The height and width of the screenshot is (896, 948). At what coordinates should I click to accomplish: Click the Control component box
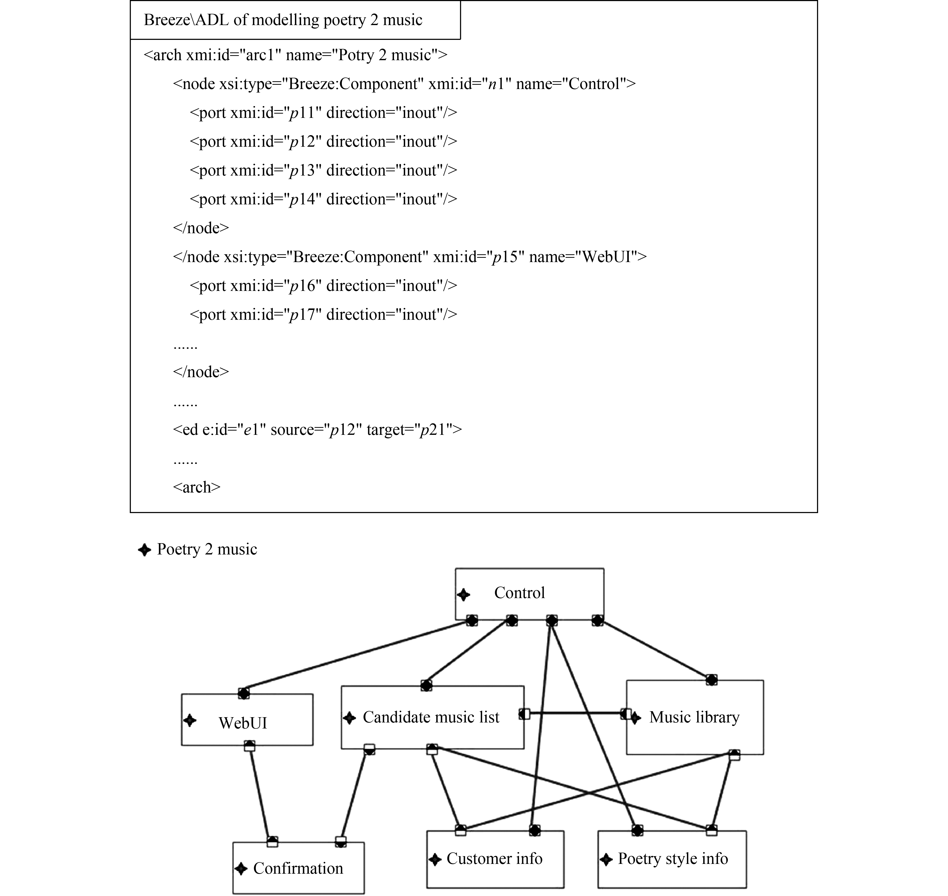point(529,594)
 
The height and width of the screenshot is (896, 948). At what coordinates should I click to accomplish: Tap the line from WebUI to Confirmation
point(260,793)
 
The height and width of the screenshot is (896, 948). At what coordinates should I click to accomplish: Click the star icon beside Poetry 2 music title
point(144,550)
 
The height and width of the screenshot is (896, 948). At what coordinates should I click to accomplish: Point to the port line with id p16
point(323,286)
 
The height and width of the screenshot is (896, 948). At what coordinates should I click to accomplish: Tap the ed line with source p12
point(317,429)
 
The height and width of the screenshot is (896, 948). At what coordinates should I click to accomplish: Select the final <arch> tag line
point(196,487)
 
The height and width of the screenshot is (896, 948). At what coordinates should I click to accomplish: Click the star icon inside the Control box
point(463,595)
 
